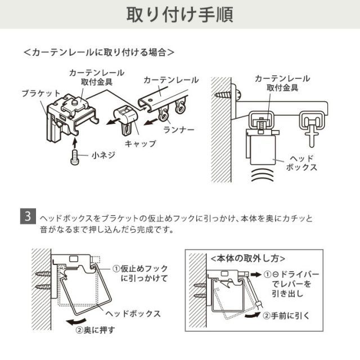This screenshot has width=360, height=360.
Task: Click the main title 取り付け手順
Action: tap(179, 13)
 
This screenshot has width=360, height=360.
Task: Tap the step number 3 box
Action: tap(28, 217)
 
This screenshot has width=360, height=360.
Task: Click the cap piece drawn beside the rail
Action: tap(129, 118)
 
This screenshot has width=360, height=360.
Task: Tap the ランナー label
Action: tap(179, 130)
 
